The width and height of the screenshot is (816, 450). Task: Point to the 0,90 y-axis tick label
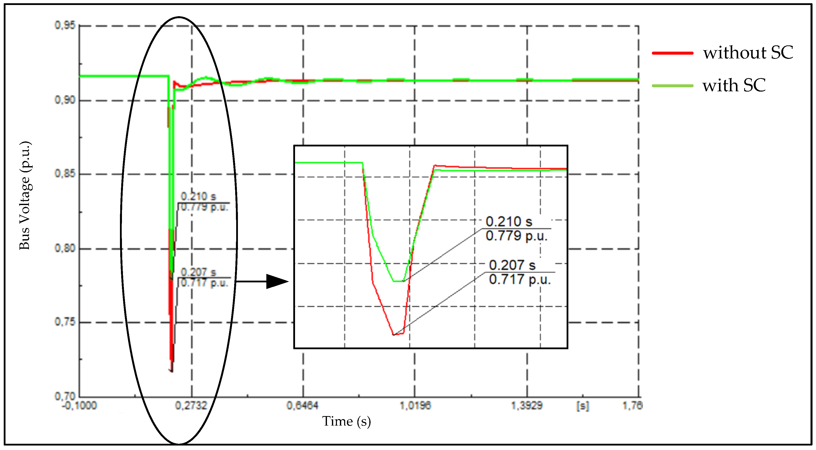point(65,100)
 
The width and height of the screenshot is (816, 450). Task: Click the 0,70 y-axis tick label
point(65,396)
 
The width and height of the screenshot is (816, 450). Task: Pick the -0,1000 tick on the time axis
point(79,406)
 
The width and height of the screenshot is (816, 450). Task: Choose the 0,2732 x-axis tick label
point(191,406)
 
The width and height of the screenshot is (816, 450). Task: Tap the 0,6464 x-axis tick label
point(303,406)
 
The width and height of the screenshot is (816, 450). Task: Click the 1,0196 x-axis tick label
point(415,406)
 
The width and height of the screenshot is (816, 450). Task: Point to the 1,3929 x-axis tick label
point(527,406)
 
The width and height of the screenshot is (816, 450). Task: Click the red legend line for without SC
point(673,53)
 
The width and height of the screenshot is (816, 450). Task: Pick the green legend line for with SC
point(673,86)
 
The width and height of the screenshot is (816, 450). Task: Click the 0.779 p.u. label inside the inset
point(516,236)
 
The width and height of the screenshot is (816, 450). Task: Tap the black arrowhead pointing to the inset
point(277,281)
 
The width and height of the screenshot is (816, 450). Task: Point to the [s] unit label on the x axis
point(582,406)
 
